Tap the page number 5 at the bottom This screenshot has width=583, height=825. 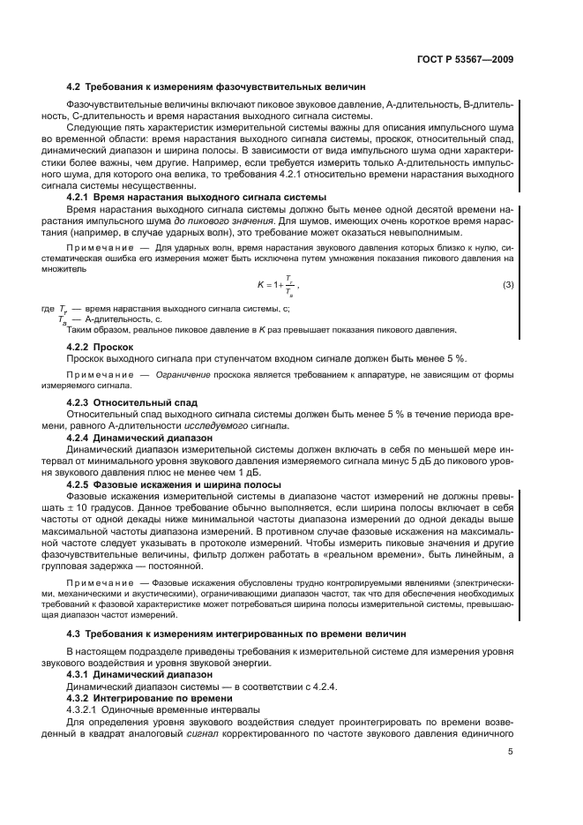pyautogui.click(x=511, y=751)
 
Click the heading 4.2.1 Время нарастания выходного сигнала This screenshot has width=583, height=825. pyautogui.click(x=197, y=196)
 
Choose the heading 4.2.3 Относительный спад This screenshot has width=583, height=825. pyautogui.click(x=132, y=401)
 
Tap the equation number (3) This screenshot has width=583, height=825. pyautogui.click(x=508, y=284)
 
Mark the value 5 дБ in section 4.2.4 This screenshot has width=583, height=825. pyautogui.click(x=392, y=461)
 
